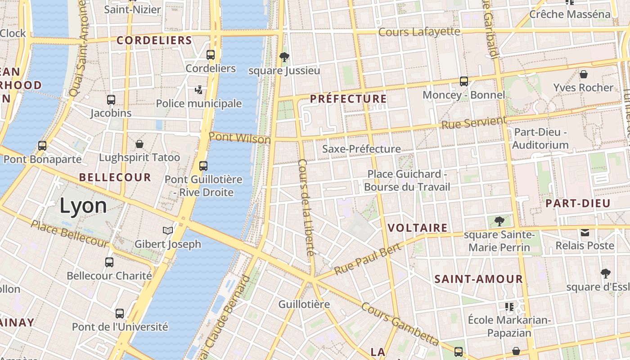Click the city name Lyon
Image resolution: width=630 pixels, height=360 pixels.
coord(83,206)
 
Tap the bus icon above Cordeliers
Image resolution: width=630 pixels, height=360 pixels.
coord(211,55)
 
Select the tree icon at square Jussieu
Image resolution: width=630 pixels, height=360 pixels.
coord(284,57)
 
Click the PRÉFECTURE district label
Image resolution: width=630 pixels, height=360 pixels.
coord(348,99)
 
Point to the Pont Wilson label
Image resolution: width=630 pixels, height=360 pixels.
coord(240,138)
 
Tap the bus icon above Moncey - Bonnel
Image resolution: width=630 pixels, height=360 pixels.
coord(464,81)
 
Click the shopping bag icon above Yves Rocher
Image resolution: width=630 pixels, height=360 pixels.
coord(584,74)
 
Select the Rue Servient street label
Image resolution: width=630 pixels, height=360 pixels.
coord(474,122)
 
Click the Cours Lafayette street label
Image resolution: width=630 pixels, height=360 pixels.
coord(419,32)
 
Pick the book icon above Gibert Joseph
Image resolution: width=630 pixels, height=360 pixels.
coord(168,231)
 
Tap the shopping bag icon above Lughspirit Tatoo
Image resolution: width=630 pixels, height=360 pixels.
coord(139,144)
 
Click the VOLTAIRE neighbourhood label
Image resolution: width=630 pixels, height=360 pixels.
coord(418,228)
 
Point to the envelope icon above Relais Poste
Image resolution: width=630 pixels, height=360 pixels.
coord(585,233)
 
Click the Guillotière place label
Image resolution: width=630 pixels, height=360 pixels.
coord(304,304)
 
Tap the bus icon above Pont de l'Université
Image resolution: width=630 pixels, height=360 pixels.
coord(120,313)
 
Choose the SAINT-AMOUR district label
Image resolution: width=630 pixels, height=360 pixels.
coord(478,279)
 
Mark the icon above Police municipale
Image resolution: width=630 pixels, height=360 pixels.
coord(198,90)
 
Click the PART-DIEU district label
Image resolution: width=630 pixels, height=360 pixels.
coord(578,203)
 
